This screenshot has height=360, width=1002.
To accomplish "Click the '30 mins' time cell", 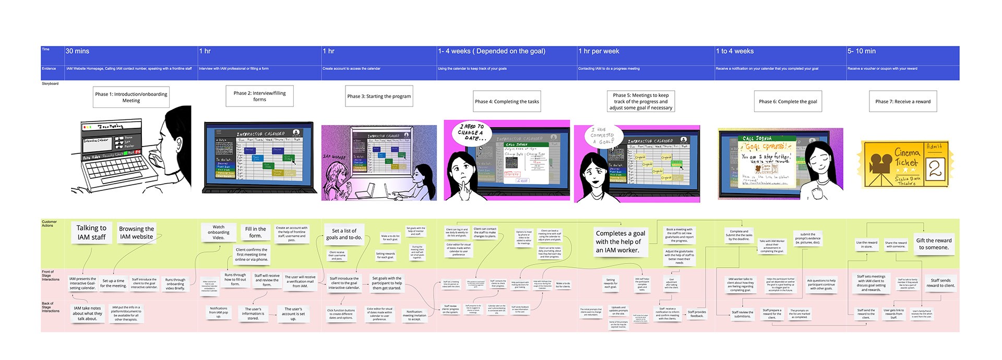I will point(77,51).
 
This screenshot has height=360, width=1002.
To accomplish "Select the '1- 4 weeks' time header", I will point(492,51).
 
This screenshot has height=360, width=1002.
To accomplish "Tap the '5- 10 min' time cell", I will point(862,51).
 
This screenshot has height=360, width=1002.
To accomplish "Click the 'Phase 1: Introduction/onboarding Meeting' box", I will point(131,98).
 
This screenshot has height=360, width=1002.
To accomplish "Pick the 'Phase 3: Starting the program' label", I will point(379,97).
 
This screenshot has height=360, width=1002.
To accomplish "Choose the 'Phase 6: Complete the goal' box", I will point(788,101).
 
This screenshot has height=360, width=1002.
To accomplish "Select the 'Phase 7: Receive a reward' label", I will point(903,101).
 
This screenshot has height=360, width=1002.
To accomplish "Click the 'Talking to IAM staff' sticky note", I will point(91,233).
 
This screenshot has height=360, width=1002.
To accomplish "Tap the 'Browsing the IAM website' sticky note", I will point(136,233).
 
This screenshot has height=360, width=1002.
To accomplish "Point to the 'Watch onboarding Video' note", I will point(219,232).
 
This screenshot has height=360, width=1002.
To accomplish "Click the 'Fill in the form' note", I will point(255,232).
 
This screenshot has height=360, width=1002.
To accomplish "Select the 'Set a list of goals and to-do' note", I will point(344,234).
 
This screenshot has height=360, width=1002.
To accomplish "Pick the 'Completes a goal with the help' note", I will point(621,242).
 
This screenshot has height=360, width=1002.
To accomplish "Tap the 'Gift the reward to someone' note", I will point(934,244).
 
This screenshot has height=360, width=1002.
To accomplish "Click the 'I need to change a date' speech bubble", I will point(471,133).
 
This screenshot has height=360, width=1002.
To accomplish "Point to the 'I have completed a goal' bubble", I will point(602,136).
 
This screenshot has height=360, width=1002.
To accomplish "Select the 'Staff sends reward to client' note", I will point(940,283).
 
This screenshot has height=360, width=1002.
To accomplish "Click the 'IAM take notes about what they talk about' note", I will point(87,313).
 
